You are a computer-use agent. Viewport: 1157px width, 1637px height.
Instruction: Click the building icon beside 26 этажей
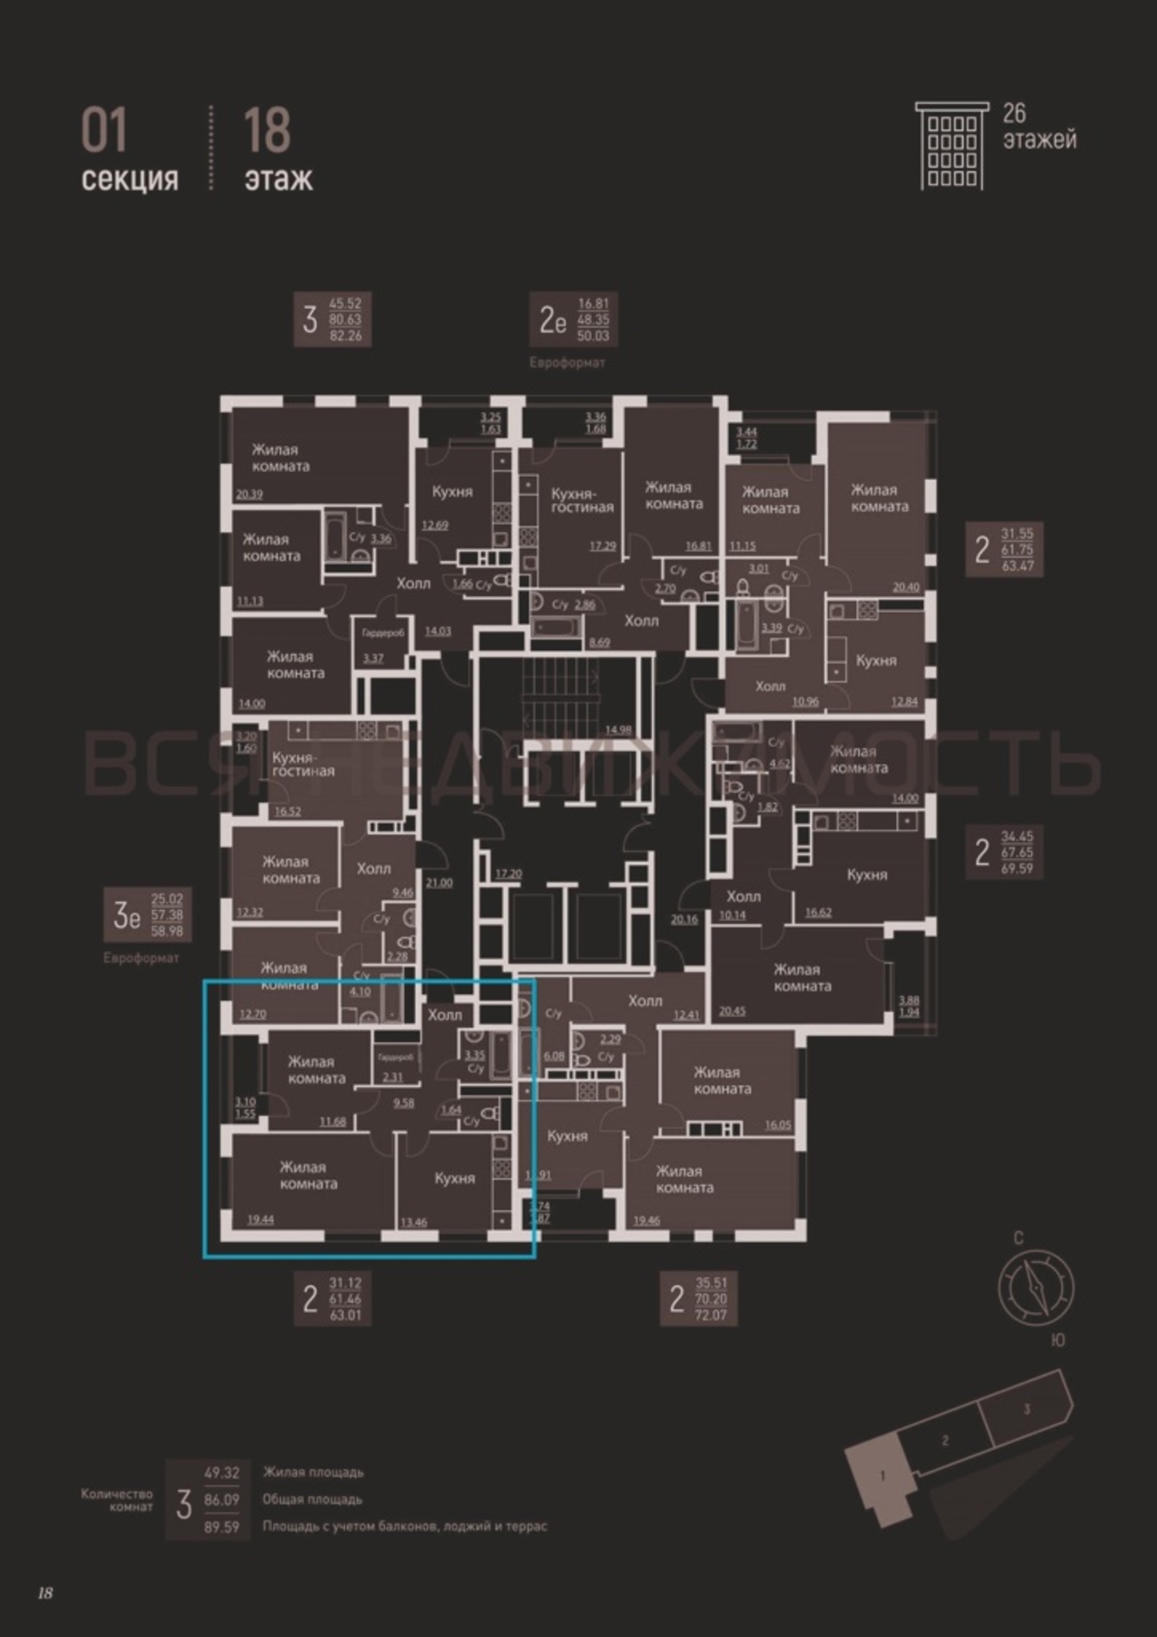952,146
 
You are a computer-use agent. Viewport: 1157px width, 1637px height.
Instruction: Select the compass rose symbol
1035,1288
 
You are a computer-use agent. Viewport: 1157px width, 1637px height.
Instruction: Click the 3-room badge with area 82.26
332,319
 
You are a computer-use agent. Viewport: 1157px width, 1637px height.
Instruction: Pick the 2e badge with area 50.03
573,319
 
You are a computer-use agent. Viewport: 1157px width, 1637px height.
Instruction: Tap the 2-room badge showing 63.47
1004,549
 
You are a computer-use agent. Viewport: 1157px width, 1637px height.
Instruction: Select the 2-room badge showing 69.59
1004,852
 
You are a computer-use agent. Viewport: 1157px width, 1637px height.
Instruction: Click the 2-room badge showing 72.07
698,1299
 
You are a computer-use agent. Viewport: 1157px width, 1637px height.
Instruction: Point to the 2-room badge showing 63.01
332,1299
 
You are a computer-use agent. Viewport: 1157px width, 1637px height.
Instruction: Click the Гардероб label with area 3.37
383,634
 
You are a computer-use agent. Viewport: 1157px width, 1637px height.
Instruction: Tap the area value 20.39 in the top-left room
249,494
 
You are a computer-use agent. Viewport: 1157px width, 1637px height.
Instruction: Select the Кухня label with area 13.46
454,1179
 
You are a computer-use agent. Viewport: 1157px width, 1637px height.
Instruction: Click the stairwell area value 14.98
618,730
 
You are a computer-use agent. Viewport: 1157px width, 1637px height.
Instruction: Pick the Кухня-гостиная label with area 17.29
582,501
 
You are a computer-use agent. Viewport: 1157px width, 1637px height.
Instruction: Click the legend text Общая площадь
312,1499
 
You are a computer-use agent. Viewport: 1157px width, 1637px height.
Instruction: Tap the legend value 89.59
221,1527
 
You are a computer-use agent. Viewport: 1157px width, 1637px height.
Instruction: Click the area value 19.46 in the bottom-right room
646,1220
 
